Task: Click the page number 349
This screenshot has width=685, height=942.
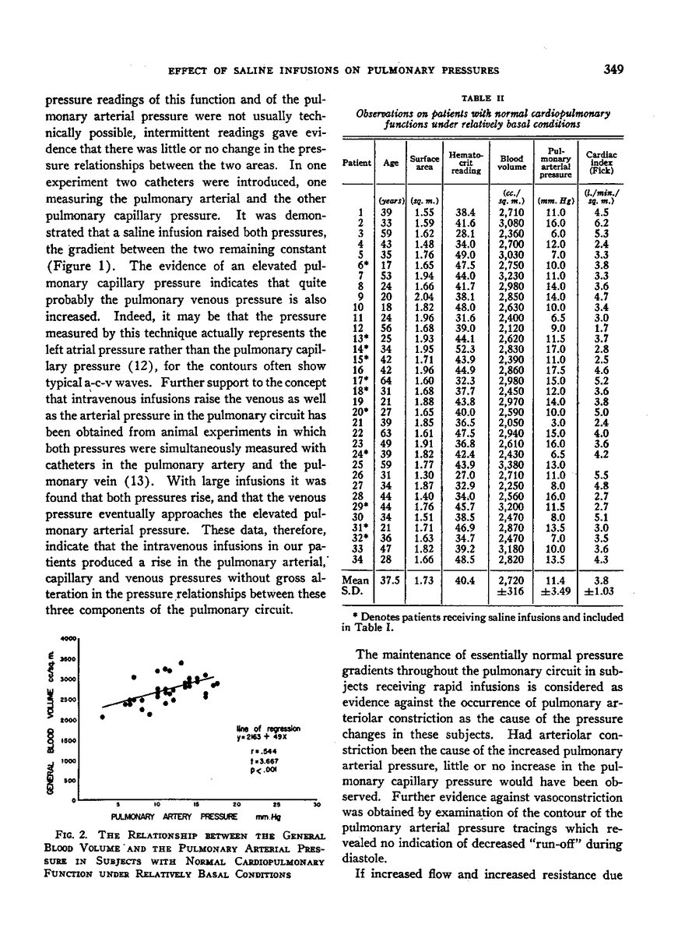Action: tap(613, 70)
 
